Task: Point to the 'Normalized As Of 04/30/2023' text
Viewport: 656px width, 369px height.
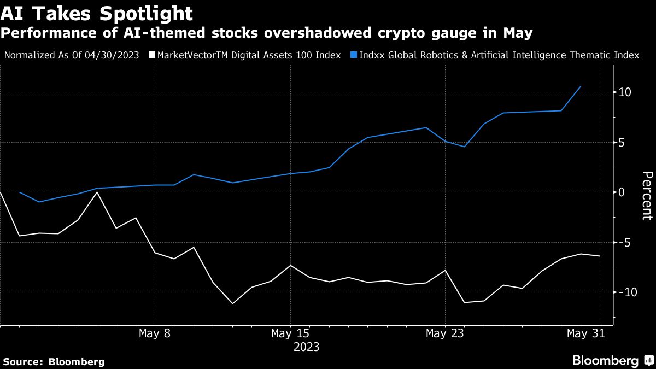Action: [72, 55]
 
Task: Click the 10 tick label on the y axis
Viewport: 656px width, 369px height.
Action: [625, 92]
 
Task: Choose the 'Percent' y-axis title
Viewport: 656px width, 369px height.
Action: [647, 195]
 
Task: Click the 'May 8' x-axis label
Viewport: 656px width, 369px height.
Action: [155, 333]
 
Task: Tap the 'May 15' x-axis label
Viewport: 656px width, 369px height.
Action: [291, 333]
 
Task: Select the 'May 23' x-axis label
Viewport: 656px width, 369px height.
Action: [445, 333]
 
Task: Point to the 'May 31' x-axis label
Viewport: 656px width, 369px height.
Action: [585, 333]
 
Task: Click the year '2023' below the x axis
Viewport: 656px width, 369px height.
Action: [306, 347]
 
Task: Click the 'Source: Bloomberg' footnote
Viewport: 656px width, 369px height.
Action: [54, 361]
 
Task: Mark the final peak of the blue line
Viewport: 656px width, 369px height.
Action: [581, 86]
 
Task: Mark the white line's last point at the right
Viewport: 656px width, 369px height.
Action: [600, 256]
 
